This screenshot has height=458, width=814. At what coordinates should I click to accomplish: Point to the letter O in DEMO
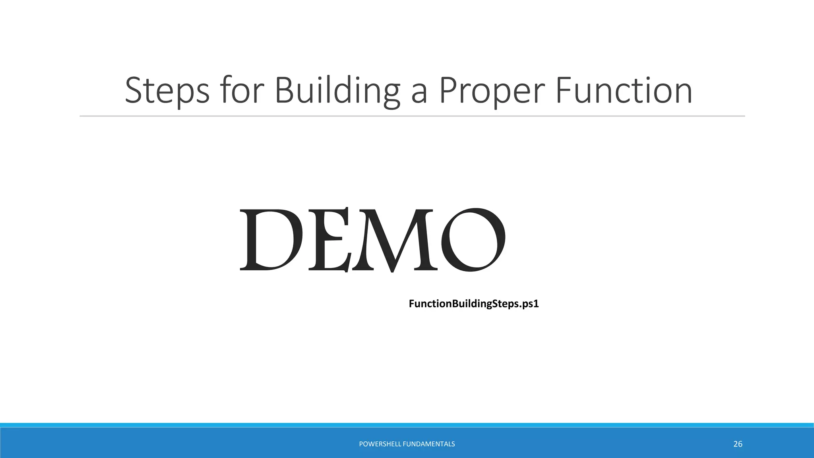point(473,240)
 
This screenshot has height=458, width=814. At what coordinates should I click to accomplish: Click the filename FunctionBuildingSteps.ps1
point(473,304)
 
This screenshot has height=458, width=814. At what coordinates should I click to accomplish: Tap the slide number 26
point(738,444)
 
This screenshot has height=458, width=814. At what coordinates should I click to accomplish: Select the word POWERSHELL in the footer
point(380,444)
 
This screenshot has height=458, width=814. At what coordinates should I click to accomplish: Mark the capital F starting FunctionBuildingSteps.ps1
point(412,304)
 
